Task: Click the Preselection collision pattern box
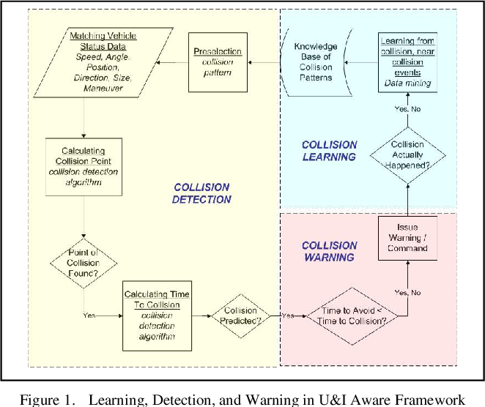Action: [218, 62]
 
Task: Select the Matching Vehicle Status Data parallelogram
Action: [103, 62]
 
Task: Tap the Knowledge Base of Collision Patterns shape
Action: [316, 62]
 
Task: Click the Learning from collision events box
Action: [407, 62]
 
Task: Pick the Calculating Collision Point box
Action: [84, 167]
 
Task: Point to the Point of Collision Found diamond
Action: [84, 264]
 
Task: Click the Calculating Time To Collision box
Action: [157, 315]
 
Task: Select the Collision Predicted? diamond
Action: [240, 315]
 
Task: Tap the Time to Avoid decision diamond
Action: [352, 316]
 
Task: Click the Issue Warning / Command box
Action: [407, 238]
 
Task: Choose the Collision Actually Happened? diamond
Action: [407, 155]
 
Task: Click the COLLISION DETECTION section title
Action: [201, 193]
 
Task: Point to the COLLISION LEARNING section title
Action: [330, 151]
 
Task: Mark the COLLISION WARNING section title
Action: [330, 251]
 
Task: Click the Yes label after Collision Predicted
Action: [288, 315]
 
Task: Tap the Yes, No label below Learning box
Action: [407, 109]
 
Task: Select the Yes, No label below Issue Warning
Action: [407, 293]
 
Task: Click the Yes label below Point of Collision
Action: [89, 315]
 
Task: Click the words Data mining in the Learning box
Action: [407, 83]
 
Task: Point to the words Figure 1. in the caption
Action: [48, 400]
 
